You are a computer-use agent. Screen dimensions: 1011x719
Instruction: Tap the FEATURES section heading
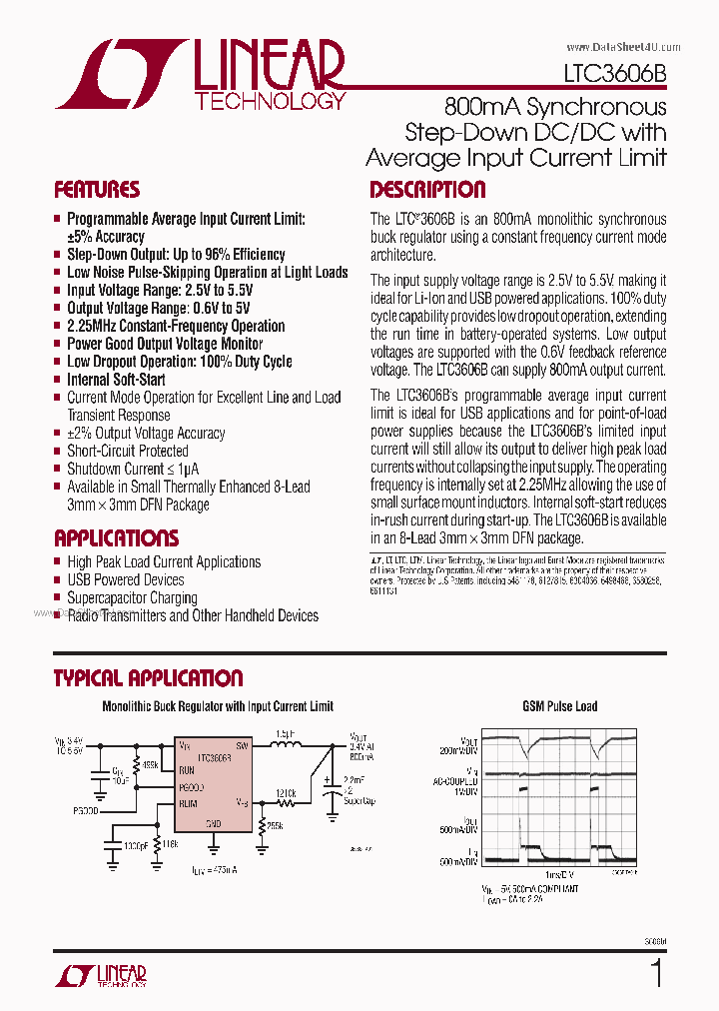(x=97, y=190)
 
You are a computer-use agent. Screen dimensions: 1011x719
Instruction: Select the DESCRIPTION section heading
(x=427, y=190)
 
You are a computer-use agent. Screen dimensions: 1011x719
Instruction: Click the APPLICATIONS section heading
(x=116, y=537)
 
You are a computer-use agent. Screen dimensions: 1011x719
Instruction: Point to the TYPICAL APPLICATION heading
(x=148, y=678)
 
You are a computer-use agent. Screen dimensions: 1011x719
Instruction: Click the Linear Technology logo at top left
(x=200, y=75)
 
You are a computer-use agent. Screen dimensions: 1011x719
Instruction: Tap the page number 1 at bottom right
(x=656, y=973)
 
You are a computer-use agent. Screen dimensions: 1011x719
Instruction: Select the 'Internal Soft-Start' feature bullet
(x=116, y=380)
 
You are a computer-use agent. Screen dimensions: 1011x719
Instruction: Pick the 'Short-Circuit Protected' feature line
(x=127, y=451)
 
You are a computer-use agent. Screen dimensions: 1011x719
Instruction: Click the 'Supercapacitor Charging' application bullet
(x=132, y=597)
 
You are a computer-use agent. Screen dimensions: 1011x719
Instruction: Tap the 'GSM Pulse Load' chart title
(x=559, y=706)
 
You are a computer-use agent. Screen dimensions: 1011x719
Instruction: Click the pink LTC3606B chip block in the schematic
(x=214, y=785)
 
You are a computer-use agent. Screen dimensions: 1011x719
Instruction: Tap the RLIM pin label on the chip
(x=190, y=802)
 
